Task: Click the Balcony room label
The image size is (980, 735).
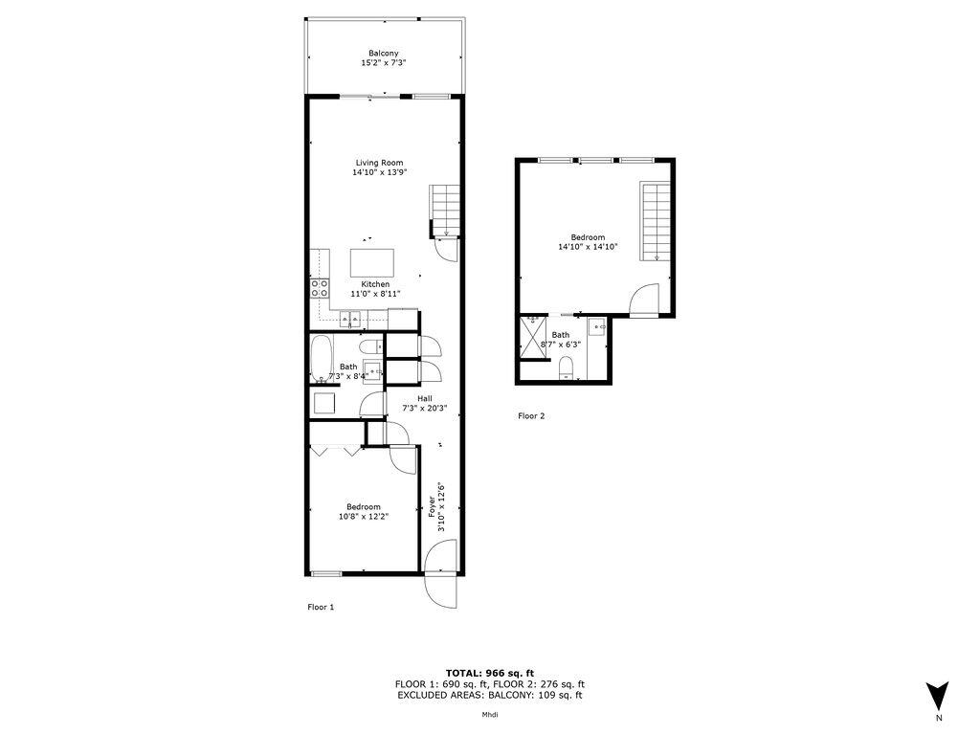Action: [383, 53]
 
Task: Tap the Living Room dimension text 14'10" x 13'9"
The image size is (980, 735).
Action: [379, 173]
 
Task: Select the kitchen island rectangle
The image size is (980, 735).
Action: [372, 261]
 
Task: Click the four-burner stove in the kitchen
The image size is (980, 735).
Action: [320, 289]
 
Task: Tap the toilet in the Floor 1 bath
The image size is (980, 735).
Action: [371, 345]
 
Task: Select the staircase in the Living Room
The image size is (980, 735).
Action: [445, 211]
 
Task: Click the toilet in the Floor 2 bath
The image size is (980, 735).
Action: [566, 367]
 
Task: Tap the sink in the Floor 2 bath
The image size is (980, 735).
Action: [598, 327]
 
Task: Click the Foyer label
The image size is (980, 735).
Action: [432, 501]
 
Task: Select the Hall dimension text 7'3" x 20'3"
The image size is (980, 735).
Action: [422, 409]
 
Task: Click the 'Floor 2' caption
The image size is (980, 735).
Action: [531, 416]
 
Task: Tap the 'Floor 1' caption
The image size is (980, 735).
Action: [321, 607]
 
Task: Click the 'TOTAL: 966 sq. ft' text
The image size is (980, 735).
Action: [489, 674]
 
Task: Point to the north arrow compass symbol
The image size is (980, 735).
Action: [938, 694]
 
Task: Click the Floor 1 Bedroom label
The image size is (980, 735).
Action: [364, 506]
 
